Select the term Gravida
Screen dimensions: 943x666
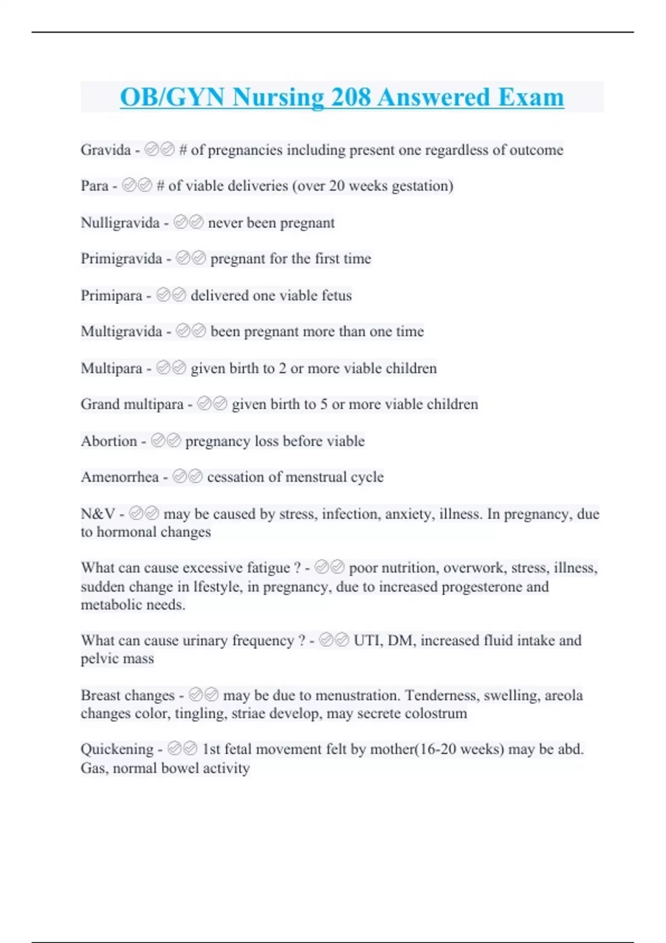pyautogui.click(x=105, y=150)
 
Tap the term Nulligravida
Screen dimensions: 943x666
pyautogui.click(x=120, y=223)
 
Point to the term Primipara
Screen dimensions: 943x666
pyautogui.click(x=112, y=296)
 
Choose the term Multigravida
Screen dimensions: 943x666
pyautogui.click(x=121, y=332)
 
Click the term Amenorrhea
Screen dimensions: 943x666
pyautogui.click(x=119, y=477)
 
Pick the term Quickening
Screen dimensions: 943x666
pyautogui.click(x=117, y=749)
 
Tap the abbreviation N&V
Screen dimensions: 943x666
pyautogui.click(x=98, y=514)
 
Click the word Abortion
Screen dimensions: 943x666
pyautogui.click(x=109, y=441)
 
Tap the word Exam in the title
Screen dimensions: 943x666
pyautogui.click(x=531, y=97)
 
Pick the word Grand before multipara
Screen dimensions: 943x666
pyautogui.click(x=100, y=404)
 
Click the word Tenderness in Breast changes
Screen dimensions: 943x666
pyautogui.click(x=442, y=696)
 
